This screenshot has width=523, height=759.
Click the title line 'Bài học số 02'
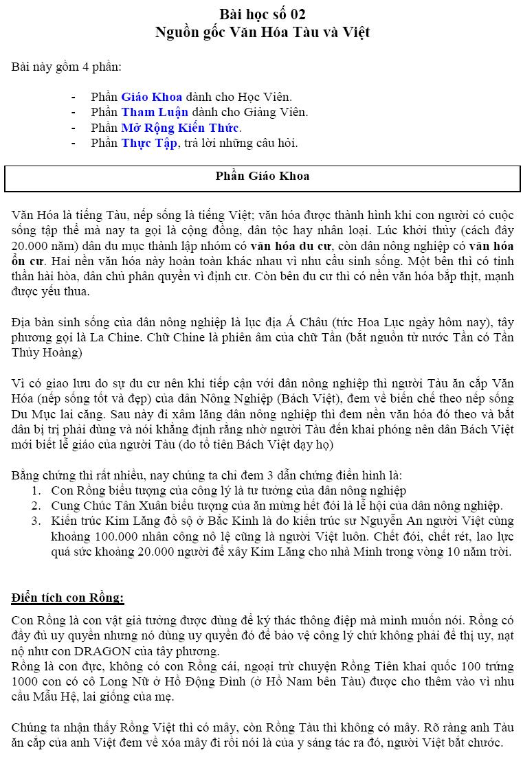(x=263, y=14)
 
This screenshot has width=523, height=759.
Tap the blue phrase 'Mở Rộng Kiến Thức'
(x=180, y=128)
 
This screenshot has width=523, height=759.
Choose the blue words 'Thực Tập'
(x=149, y=144)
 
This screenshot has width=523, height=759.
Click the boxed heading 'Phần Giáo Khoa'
(x=263, y=176)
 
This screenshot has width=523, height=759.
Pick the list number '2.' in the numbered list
(x=36, y=506)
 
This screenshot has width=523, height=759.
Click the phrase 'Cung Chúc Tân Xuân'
(x=101, y=506)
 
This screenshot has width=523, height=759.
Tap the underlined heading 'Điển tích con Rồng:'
(x=67, y=598)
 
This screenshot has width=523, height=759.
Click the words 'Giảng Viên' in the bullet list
(x=278, y=112)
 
